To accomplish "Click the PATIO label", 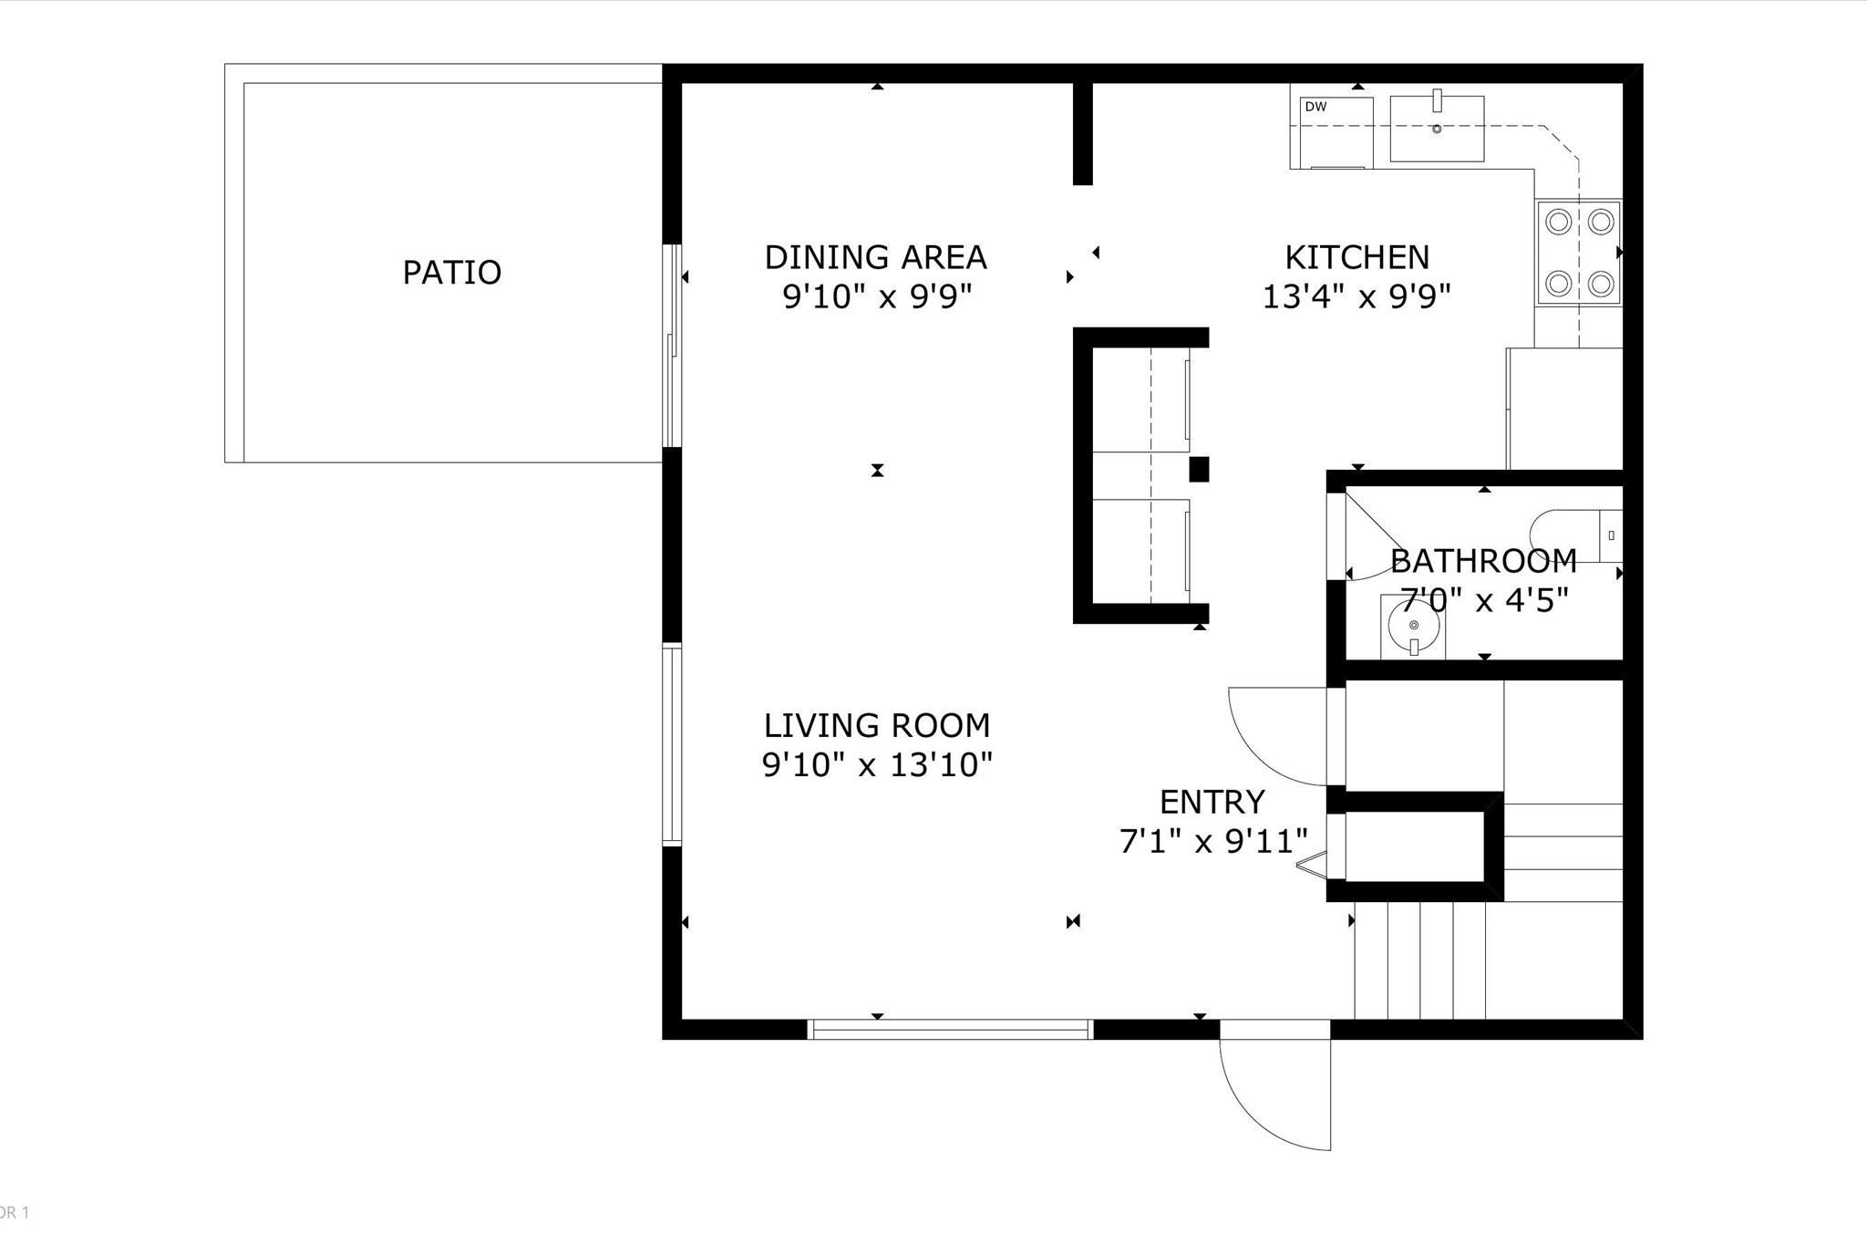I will pos(452,273).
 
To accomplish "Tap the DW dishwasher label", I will pos(1315,107).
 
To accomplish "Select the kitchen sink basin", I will pos(1437,129).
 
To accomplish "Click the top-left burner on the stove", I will pos(1559,222).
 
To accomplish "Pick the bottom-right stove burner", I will pos(1602,285).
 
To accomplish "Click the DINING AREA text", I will pos(875,257).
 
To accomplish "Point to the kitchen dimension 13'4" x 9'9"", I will pos(1356,296).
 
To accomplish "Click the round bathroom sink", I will pos(1414,626).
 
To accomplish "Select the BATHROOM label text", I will pos(1483,560).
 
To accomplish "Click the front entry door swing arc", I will pos(1267,1104).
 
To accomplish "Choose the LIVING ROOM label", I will pos(876,725).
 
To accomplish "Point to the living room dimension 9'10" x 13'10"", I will pos(876,764).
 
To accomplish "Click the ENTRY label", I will pos(1212,802).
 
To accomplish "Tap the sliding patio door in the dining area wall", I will pos(672,347).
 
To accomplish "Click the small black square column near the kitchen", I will pos(1199,469).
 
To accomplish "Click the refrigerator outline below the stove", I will pos(1564,409).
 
